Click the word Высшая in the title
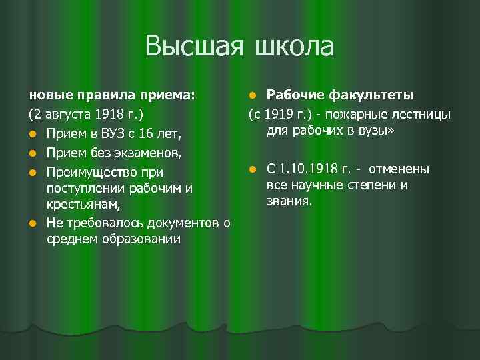click(194, 47)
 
